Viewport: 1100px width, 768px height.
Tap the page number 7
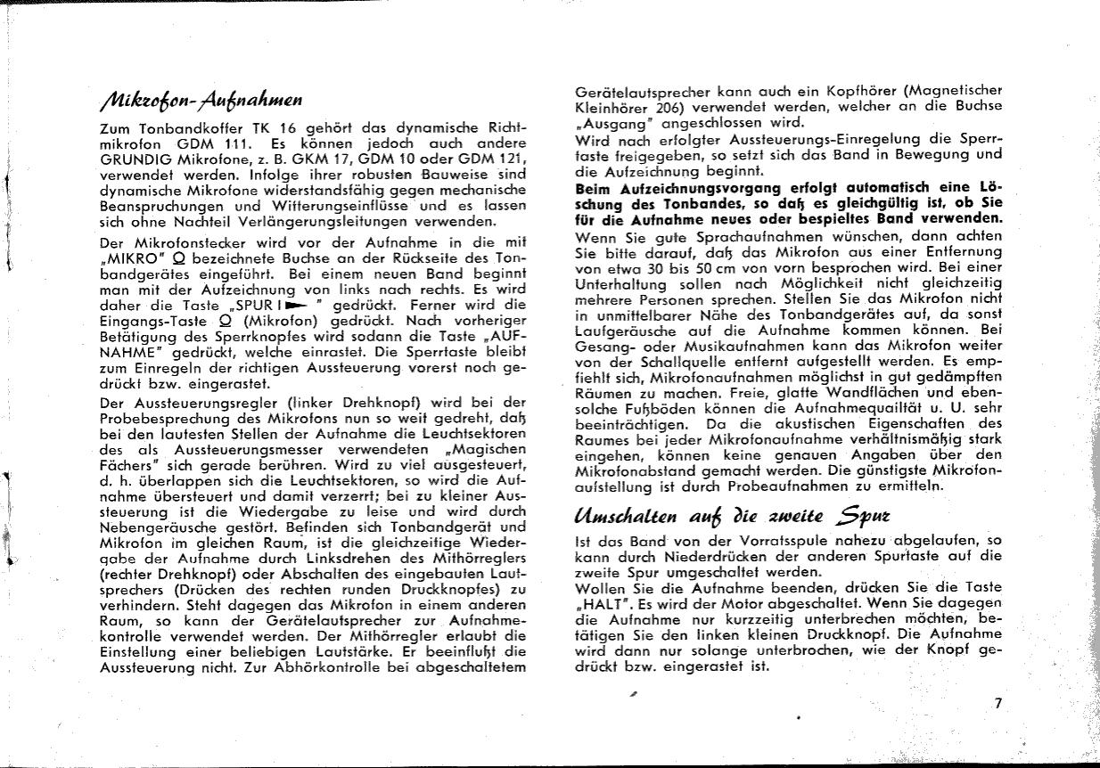pos(998,703)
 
